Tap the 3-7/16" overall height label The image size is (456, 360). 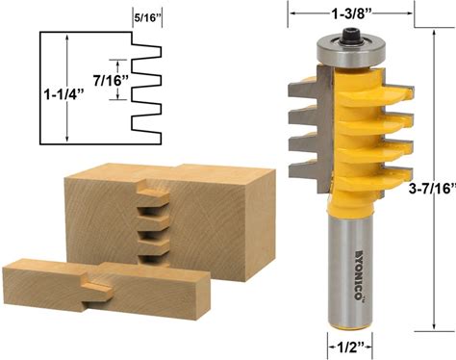[433, 189]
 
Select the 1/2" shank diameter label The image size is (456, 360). [350, 347]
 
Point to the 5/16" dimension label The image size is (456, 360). [147, 18]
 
